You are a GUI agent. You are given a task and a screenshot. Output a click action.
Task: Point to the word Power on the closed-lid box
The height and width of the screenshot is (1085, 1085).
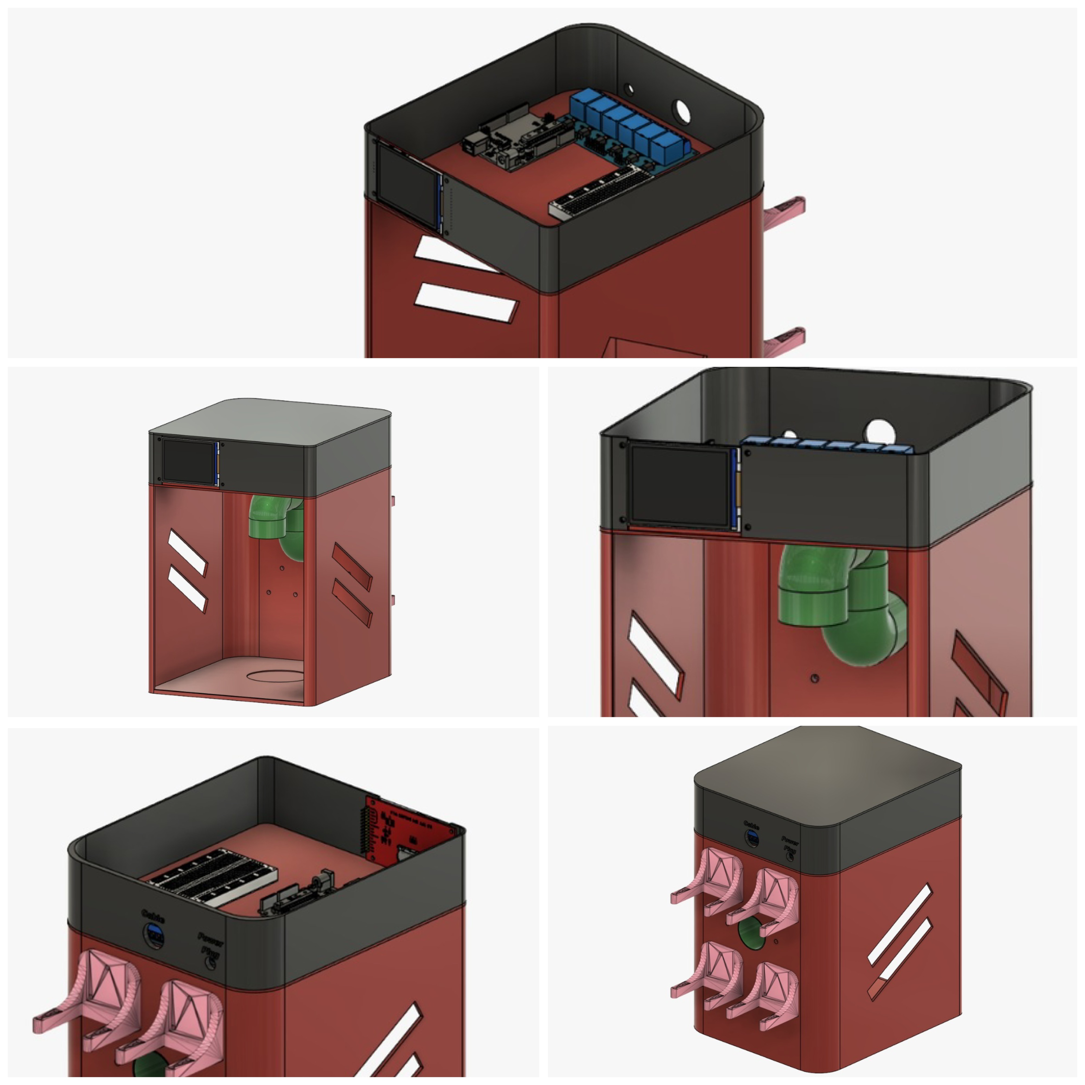point(790,841)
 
